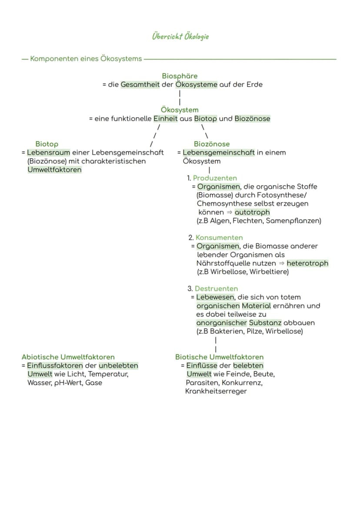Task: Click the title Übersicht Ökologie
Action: click(x=180, y=37)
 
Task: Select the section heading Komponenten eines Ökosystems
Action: click(x=86, y=59)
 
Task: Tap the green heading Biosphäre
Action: click(x=180, y=76)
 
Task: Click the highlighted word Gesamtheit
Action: click(x=140, y=85)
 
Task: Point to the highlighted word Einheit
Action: click(x=166, y=119)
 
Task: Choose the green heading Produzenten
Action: click(x=215, y=178)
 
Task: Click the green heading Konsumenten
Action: click(x=219, y=237)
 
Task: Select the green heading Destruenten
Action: click(x=216, y=289)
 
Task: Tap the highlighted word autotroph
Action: click(x=252, y=212)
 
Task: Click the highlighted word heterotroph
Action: click(x=307, y=263)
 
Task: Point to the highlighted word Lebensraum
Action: click(x=49, y=153)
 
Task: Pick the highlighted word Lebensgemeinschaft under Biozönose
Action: click(x=219, y=153)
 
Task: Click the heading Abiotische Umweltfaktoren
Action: click(x=68, y=357)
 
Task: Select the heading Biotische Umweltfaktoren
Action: click(x=220, y=357)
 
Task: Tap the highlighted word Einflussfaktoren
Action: click(x=55, y=365)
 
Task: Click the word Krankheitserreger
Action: click(x=216, y=392)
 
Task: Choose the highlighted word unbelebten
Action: click(x=118, y=365)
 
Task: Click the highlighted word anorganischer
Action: click(x=222, y=323)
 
